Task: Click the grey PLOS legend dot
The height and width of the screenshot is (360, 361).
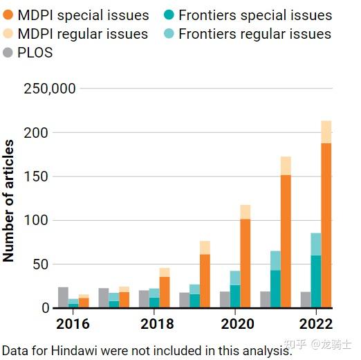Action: coord(8,53)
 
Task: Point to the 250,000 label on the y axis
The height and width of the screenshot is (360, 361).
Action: coord(49,89)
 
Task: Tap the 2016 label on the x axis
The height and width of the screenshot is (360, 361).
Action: coord(73,324)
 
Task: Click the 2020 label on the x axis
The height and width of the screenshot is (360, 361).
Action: coord(237,324)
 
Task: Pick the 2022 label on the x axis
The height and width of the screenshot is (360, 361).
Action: coord(316,324)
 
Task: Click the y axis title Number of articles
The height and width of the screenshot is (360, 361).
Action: coord(9,201)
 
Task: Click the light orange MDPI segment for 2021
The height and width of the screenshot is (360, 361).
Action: coord(286,166)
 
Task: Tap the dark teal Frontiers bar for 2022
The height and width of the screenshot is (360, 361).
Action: coord(316,281)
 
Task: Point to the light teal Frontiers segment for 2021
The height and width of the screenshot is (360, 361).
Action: coord(275,260)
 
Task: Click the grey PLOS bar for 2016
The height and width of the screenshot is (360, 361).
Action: coord(64,297)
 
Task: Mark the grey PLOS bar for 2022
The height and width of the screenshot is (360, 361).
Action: coord(306,299)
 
